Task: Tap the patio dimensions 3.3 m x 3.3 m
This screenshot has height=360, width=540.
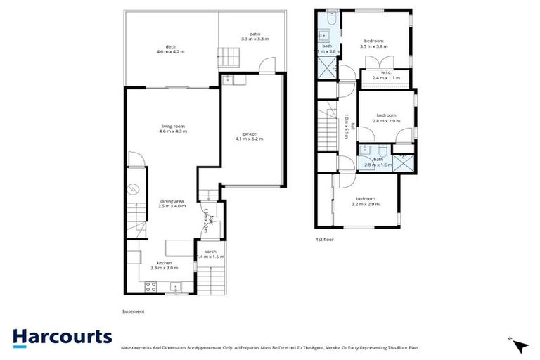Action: [x=254, y=39]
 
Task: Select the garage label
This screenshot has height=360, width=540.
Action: [x=250, y=134]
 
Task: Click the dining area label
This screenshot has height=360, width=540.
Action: [x=172, y=202]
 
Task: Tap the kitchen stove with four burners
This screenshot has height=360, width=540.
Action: [x=150, y=286]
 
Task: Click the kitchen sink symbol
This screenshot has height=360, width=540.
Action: [x=176, y=286]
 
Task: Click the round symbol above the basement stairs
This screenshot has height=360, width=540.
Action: [x=134, y=189]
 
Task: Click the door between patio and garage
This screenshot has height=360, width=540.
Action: [x=266, y=67]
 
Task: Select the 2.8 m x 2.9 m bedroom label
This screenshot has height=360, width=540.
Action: [x=387, y=117]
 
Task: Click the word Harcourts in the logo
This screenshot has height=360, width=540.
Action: [x=62, y=336]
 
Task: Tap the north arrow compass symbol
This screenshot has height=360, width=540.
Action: [x=521, y=346]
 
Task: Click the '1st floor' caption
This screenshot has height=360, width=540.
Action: [x=324, y=240]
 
